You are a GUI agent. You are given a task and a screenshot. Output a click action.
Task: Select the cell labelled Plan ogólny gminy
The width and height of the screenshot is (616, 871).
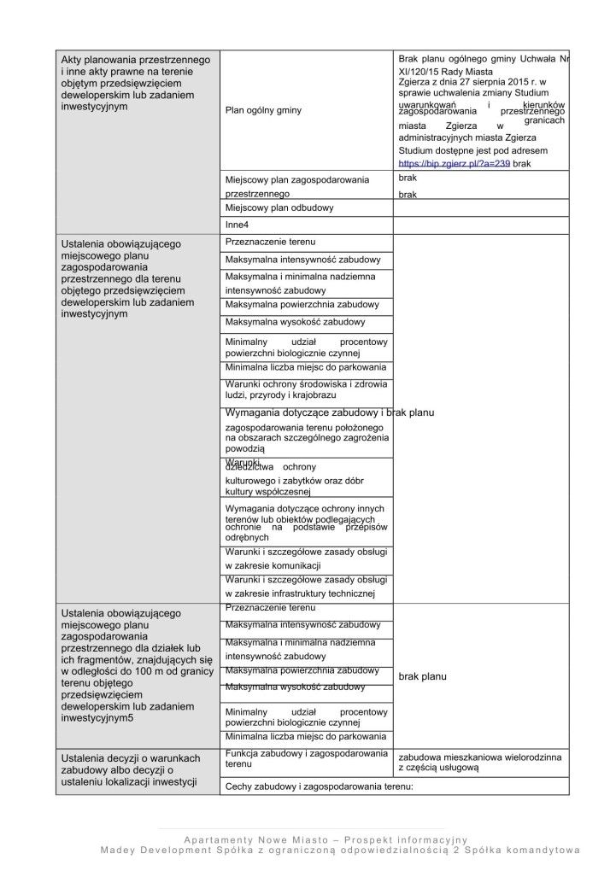pyautogui.click(x=263, y=110)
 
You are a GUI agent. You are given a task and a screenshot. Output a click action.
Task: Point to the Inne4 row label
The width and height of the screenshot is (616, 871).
pyautogui.click(x=238, y=224)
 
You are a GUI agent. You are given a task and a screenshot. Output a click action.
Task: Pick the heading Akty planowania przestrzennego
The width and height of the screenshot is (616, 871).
pyautogui.click(x=136, y=59)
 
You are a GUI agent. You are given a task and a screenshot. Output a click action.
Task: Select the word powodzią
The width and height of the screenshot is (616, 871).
pyautogui.click(x=246, y=447)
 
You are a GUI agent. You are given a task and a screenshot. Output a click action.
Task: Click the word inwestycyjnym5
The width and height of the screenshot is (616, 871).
pyautogui.click(x=97, y=719)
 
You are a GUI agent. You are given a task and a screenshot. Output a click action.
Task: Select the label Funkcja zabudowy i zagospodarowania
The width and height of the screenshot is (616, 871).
pyautogui.click(x=303, y=752)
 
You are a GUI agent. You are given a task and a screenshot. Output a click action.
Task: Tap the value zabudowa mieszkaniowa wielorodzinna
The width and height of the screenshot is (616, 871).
pyautogui.click(x=479, y=757)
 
